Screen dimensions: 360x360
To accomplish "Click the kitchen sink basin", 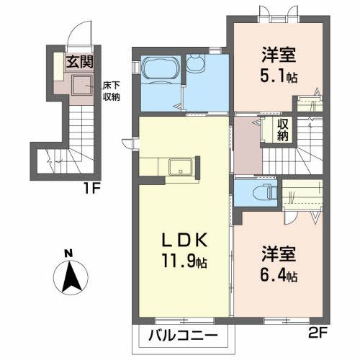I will coord(179,168).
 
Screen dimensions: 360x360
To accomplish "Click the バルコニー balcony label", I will coord(184,336).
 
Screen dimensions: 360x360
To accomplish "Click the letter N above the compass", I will coord(68,253).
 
